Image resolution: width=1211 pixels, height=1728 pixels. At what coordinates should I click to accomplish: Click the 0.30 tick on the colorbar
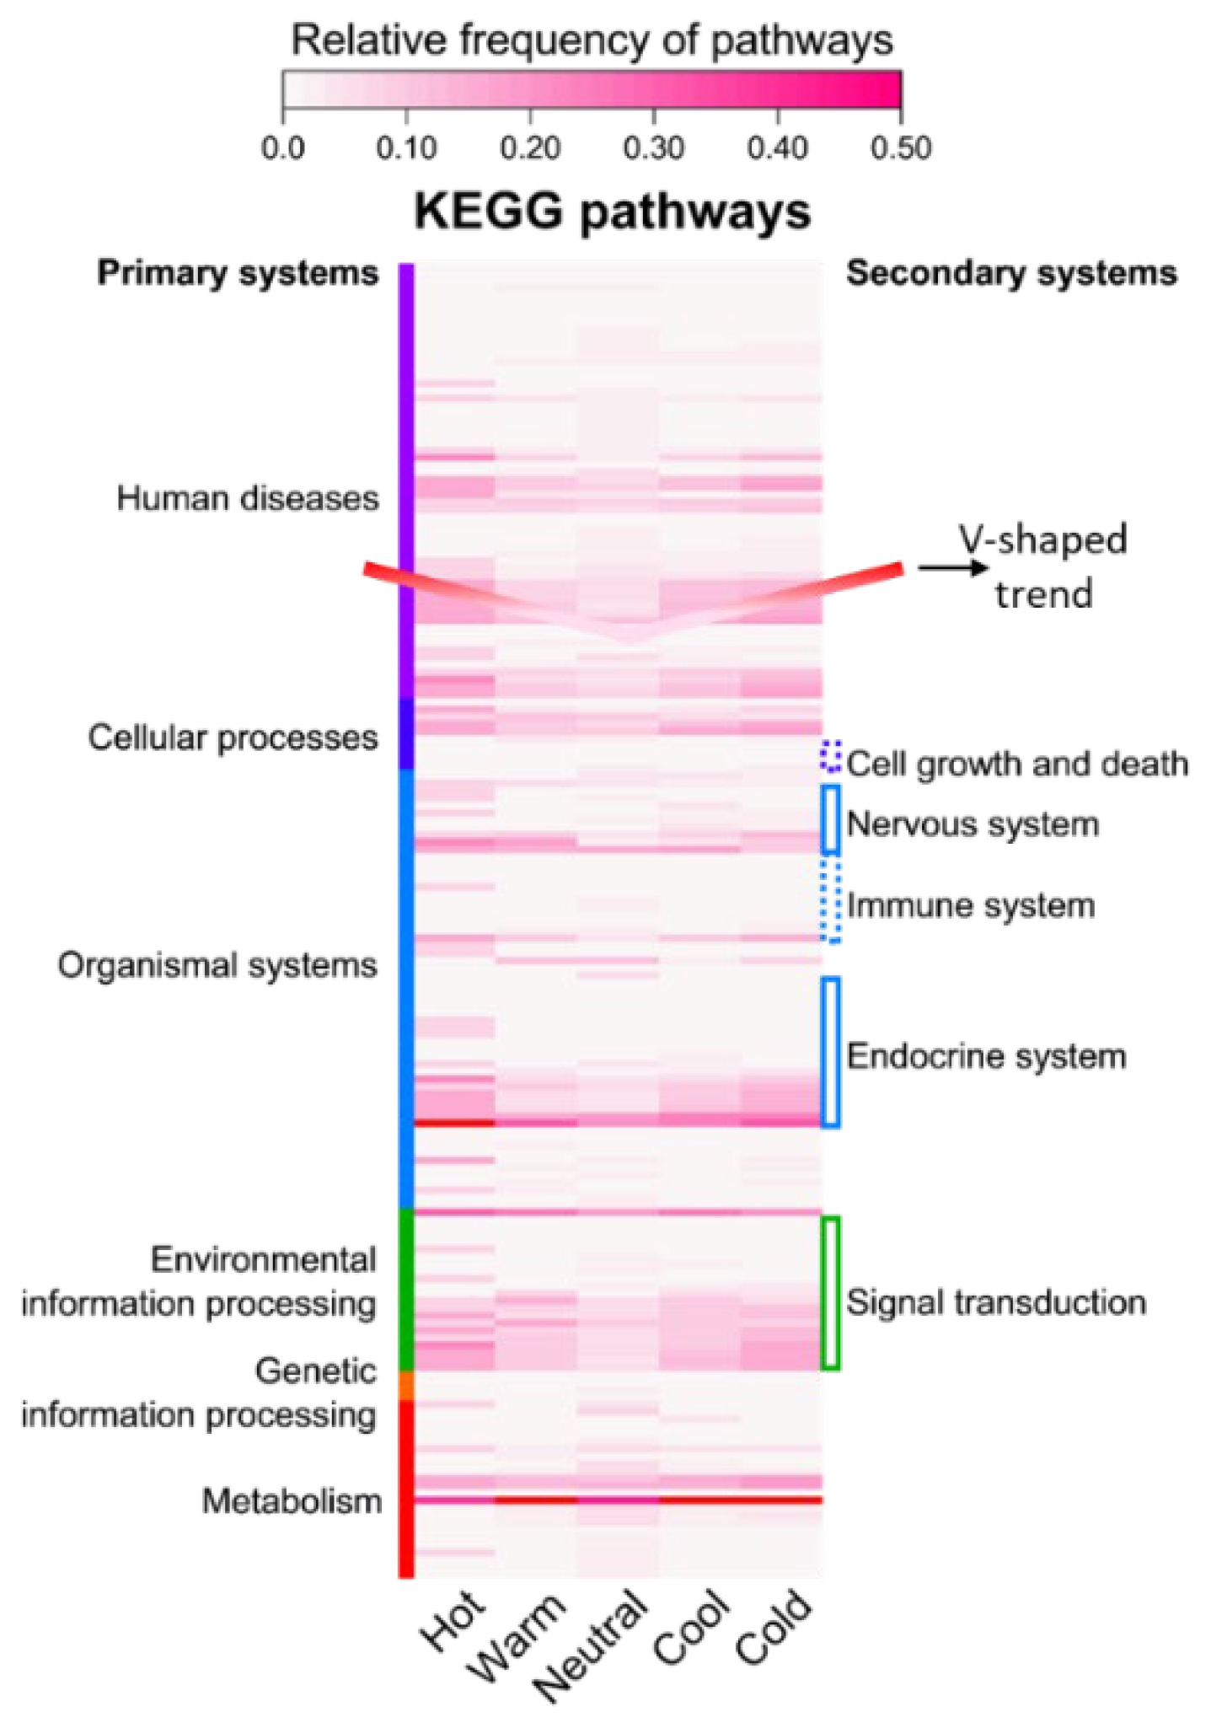(653, 110)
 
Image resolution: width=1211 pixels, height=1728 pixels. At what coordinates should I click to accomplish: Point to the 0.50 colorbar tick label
(900, 148)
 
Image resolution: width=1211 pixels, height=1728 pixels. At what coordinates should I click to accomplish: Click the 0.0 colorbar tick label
(282, 148)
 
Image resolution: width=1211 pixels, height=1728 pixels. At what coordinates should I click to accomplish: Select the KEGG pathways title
(612, 212)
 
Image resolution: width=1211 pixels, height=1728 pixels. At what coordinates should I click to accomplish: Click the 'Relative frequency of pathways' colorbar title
(592, 40)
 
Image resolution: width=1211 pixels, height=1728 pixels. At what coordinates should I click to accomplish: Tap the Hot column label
(453, 1621)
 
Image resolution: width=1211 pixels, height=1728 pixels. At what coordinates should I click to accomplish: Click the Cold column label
(774, 1627)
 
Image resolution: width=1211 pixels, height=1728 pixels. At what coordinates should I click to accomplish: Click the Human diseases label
(248, 498)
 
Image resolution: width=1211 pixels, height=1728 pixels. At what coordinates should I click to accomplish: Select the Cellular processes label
(233, 738)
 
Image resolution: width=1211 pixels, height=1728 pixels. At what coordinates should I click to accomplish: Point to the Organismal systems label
(217, 965)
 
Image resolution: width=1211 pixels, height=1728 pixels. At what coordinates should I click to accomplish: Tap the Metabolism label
(292, 1501)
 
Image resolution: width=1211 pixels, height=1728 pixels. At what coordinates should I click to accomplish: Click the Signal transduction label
(996, 1302)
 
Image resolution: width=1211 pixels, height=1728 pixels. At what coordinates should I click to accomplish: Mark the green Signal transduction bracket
(830, 1291)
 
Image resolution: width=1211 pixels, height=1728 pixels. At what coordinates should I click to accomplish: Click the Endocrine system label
(986, 1056)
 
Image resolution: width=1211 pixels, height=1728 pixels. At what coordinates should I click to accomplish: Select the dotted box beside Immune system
(831, 899)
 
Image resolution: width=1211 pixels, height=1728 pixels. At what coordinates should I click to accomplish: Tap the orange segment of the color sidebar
(406, 1385)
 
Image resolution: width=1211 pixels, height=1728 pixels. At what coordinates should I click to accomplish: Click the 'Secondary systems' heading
(1011, 273)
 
